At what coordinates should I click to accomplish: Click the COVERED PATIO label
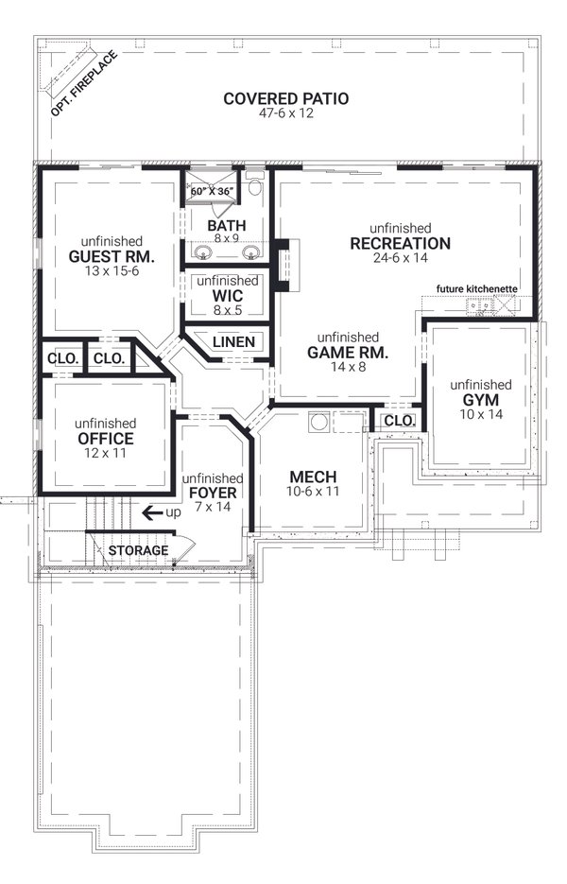click(x=285, y=98)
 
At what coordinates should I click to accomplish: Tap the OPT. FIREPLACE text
click(x=84, y=83)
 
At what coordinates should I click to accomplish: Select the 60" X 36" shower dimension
click(x=212, y=191)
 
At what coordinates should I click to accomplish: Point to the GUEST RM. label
click(x=112, y=257)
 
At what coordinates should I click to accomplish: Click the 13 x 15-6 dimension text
click(x=112, y=271)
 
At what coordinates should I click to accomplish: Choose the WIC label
click(x=228, y=296)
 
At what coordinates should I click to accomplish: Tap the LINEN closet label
click(x=234, y=342)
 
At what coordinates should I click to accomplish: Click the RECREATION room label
click(x=400, y=244)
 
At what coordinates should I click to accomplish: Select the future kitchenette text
click(x=477, y=289)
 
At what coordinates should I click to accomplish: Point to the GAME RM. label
click(x=348, y=353)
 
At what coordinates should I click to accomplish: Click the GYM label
click(x=481, y=400)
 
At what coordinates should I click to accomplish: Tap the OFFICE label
click(x=106, y=440)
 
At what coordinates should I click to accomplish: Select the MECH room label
click(x=313, y=477)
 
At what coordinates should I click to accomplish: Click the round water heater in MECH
click(x=319, y=422)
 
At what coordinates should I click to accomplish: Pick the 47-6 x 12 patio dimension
click(x=285, y=113)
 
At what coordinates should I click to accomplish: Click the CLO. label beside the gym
click(x=400, y=421)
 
